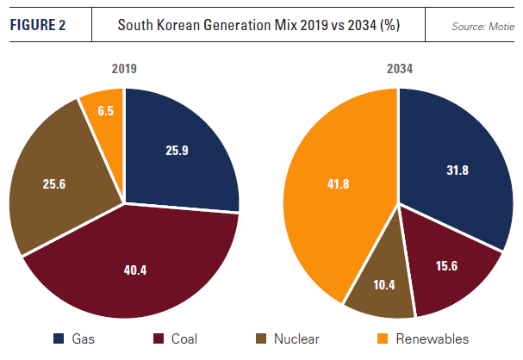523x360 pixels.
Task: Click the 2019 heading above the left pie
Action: (x=124, y=67)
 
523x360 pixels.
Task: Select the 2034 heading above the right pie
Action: (x=397, y=67)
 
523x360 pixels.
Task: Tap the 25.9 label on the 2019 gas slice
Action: (x=175, y=149)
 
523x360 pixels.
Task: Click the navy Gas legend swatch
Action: (x=59, y=338)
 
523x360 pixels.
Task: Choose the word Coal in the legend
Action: (x=184, y=338)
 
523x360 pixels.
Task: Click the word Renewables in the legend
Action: (x=433, y=338)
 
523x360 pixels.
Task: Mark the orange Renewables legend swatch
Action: (x=381, y=338)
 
